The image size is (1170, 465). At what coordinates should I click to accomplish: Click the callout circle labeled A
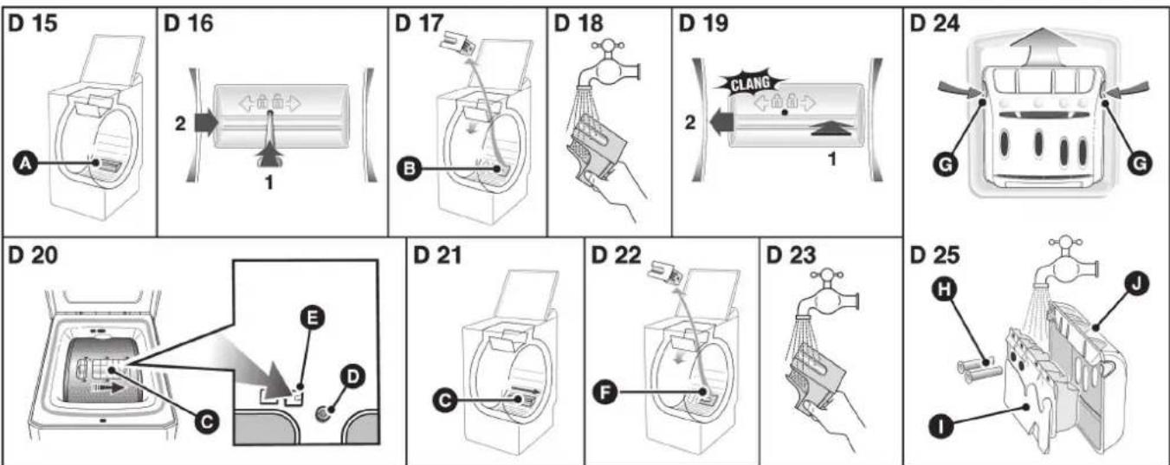tap(24, 164)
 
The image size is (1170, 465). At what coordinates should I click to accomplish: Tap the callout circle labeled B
tap(410, 169)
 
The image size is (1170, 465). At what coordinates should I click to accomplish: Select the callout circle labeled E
tap(313, 318)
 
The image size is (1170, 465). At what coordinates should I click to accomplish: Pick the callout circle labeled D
tap(352, 376)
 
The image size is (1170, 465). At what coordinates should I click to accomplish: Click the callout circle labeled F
tap(604, 391)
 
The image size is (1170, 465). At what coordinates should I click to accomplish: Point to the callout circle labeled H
tap(945, 290)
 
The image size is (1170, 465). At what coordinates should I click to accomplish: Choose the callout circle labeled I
tap(941, 427)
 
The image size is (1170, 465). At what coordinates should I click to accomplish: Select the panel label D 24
tap(935, 23)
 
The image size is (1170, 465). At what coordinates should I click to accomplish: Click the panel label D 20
tap(32, 255)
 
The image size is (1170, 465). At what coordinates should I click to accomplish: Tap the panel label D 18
tap(579, 23)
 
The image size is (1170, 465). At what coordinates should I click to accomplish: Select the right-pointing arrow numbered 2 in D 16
tap(206, 123)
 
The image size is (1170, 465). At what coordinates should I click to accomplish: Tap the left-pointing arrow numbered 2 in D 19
tap(721, 122)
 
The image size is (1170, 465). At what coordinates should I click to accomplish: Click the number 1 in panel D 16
tap(269, 183)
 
